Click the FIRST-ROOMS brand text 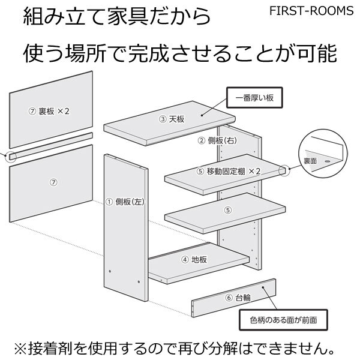coord(311,11)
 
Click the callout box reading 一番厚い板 coord(254,98)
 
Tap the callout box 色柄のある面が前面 coord(283,320)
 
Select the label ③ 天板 coord(172,119)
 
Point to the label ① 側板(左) coord(125,202)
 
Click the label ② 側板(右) coord(217,140)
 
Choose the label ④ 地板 coord(194,260)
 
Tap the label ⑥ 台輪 coord(238,298)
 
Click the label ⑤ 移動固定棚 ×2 coord(229,171)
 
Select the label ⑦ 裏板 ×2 coord(49,112)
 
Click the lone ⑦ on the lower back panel coord(53,182)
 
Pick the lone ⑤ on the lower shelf coord(228,210)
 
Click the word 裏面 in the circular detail coord(310,161)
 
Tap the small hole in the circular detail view coord(328,161)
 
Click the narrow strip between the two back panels coord(51,146)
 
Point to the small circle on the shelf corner coord(284,170)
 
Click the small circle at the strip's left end coord(11,157)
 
